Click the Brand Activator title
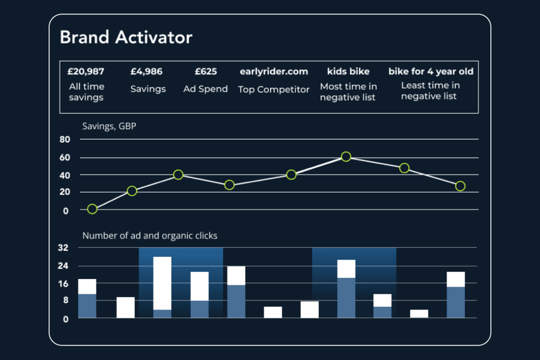[126, 37]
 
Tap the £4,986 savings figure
[147, 72]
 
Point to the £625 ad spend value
[206, 72]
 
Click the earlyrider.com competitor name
[274, 72]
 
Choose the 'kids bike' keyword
[348, 72]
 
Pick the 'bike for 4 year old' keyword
[431, 72]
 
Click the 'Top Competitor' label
[274, 90]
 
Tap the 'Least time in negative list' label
[431, 90]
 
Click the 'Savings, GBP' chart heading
[109, 126]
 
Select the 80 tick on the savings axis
[65, 140]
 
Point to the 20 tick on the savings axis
[65, 193]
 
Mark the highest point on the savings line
[346, 157]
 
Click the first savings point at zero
[92, 209]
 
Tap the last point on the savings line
[460, 186]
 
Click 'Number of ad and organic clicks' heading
[150, 235]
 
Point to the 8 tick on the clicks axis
[65, 301]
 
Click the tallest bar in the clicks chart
[162, 287]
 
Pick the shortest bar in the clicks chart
[419, 314]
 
